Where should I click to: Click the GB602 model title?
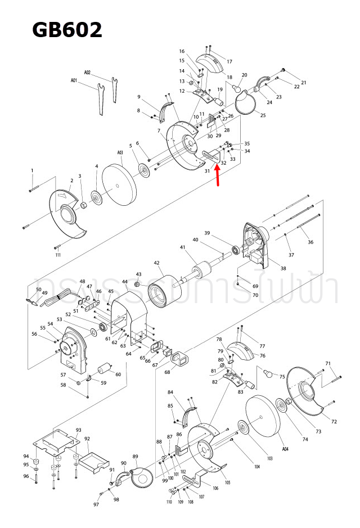pyautogui.click(x=67, y=29)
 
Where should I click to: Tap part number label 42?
pyautogui.click(x=157, y=263)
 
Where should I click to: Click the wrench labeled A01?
pyautogui.click(x=100, y=98)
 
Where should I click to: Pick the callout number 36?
pyautogui.click(x=310, y=242)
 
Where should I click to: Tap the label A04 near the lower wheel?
pyautogui.click(x=285, y=449)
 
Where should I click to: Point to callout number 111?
pyautogui.click(x=58, y=255)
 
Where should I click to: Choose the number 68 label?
pyautogui.click(x=167, y=372)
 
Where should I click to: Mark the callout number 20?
pyautogui.click(x=244, y=75)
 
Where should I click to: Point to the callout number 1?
pyautogui.click(x=32, y=170)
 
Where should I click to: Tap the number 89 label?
pyautogui.click(x=135, y=456)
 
